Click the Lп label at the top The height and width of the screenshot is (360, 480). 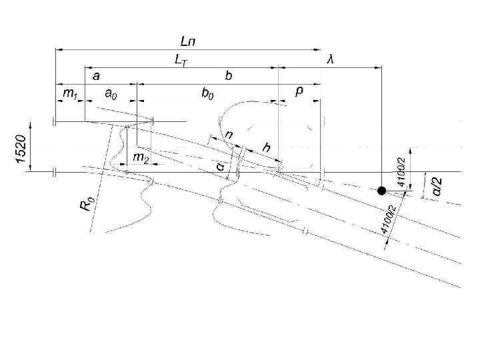point(189,41)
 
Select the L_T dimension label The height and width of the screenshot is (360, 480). point(180,59)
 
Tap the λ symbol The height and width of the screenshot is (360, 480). point(330,59)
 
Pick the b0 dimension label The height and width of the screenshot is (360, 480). point(208,95)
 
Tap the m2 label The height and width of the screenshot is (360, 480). point(140,157)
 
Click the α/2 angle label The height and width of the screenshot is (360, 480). point(437,187)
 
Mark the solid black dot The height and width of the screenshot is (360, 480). point(381,191)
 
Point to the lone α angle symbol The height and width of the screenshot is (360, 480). point(219,164)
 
